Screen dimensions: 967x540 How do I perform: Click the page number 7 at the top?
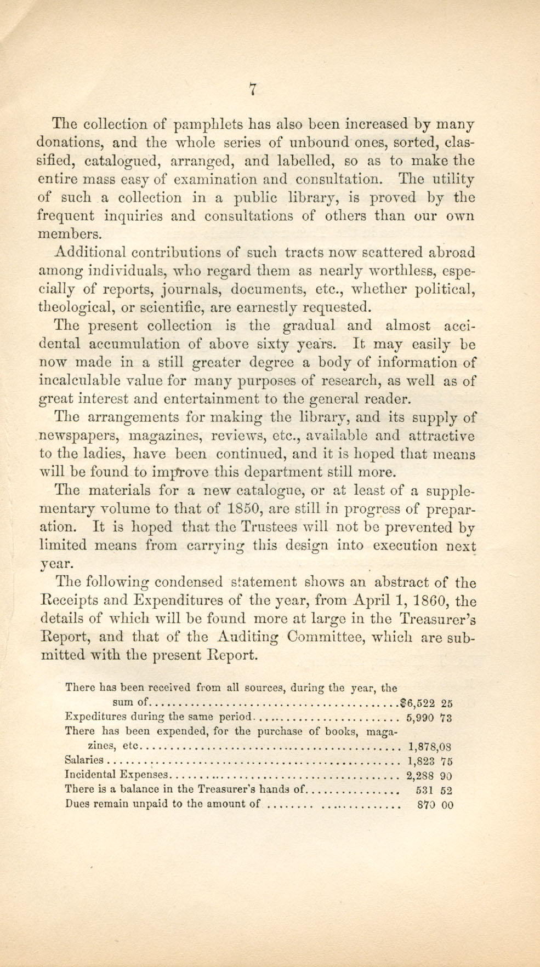(253, 89)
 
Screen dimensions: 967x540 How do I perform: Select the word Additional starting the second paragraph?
(91, 253)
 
